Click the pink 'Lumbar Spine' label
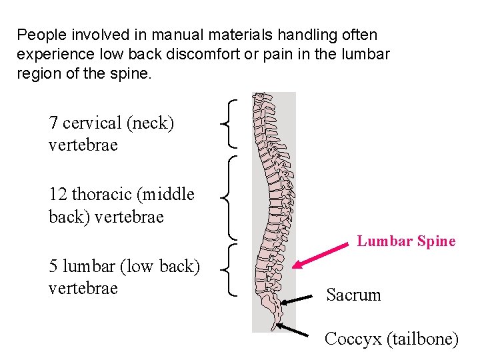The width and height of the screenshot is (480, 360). (x=406, y=241)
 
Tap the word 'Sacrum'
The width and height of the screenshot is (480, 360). (x=353, y=295)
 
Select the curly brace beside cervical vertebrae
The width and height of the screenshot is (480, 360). (x=231, y=123)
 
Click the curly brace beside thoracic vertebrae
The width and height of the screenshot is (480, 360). (x=231, y=197)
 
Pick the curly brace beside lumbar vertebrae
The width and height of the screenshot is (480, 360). (x=231, y=269)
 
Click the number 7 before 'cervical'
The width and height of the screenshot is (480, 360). (x=53, y=123)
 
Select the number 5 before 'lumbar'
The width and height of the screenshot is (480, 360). (x=53, y=267)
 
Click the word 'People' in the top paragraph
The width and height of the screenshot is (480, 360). (x=37, y=34)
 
